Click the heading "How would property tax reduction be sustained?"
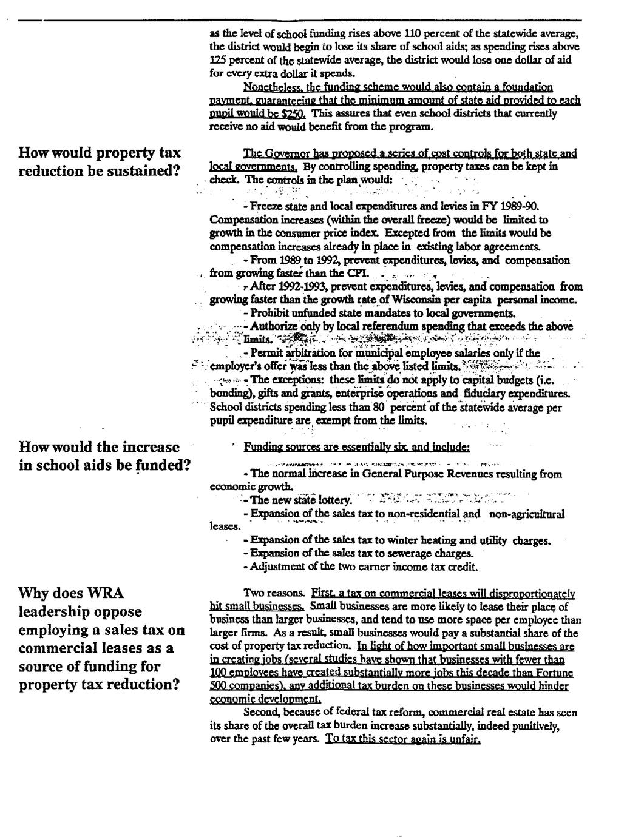click(x=100, y=161)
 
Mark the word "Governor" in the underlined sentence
click(x=286, y=153)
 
